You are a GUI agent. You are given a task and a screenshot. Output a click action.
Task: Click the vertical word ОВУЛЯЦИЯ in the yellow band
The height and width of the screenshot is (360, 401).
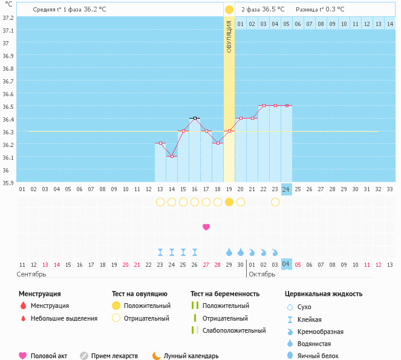click(x=229, y=37)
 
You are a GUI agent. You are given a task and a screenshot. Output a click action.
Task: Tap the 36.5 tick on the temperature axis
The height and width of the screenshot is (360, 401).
click(x=7, y=107)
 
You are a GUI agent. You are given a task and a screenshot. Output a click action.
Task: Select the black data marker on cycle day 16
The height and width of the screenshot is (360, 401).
click(x=195, y=118)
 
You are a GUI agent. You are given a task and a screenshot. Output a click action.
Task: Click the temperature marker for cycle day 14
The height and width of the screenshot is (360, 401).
click(x=172, y=156)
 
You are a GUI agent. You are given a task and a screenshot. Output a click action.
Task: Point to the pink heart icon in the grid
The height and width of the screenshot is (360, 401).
click(x=206, y=227)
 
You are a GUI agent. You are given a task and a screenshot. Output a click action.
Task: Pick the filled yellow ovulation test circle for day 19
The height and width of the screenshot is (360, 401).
click(x=229, y=202)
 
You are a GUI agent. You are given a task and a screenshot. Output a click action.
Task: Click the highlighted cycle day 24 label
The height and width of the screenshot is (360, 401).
click(x=287, y=189)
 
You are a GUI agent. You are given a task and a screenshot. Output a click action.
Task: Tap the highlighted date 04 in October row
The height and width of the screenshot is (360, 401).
click(x=287, y=264)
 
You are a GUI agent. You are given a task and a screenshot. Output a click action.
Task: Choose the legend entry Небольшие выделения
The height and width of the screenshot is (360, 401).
click(x=64, y=318)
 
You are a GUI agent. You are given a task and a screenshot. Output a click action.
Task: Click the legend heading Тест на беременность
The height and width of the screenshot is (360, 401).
click(x=225, y=293)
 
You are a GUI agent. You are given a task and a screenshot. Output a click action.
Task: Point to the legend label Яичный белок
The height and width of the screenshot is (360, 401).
click(x=321, y=356)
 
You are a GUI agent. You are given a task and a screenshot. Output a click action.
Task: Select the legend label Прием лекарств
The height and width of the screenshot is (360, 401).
click(x=114, y=356)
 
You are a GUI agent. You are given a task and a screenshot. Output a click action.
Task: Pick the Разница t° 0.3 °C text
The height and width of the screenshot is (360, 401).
click(x=320, y=10)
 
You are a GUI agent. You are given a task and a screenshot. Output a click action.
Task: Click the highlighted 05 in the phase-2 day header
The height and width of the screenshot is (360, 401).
click(x=287, y=24)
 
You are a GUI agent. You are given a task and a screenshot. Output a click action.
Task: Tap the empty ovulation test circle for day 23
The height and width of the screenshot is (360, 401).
click(x=275, y=202)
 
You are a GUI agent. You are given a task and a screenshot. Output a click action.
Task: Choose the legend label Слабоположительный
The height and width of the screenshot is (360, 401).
click(x=234, y=330)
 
